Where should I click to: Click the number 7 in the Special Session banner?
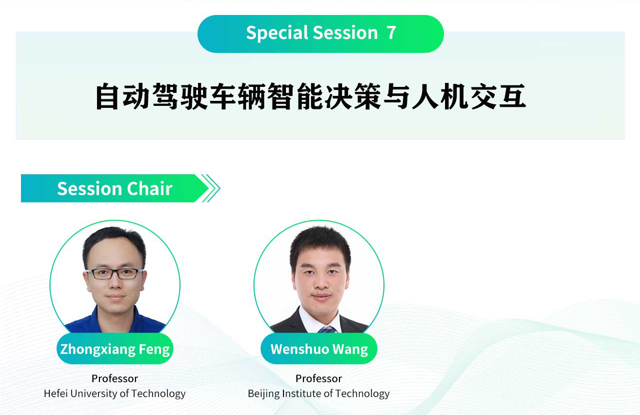click(x=391, y=33)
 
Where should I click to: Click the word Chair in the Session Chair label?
click(x=149, y=189)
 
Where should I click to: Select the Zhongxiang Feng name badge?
click(x=115, y=349)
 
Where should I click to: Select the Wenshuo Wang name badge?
click(x=319, y=349)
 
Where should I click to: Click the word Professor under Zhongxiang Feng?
click(x=114, y=379)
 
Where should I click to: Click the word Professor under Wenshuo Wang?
click(x=318, y=379)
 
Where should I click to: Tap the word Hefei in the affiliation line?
click(x=55, y=394)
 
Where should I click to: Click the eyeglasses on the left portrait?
click(x=115, y=274)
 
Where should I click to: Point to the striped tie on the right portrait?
click(x=327, y=329)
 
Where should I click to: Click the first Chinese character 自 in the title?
click(x=107, y=96)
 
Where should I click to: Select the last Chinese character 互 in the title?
click(x=512, y=96)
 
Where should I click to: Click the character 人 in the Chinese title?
click(x=425, y=96)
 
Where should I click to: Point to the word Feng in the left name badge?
click(x=154, y=350)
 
